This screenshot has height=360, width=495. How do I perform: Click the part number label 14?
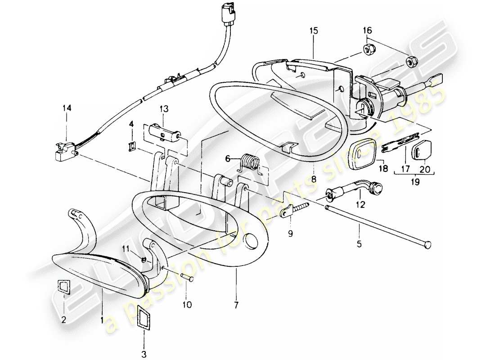click(x=67, y=108)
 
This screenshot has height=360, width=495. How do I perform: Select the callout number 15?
click(x=313, y=31)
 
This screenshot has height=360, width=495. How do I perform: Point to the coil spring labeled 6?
click(x=248, y=163)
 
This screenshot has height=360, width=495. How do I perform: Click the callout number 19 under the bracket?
click(x=414, y=183)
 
